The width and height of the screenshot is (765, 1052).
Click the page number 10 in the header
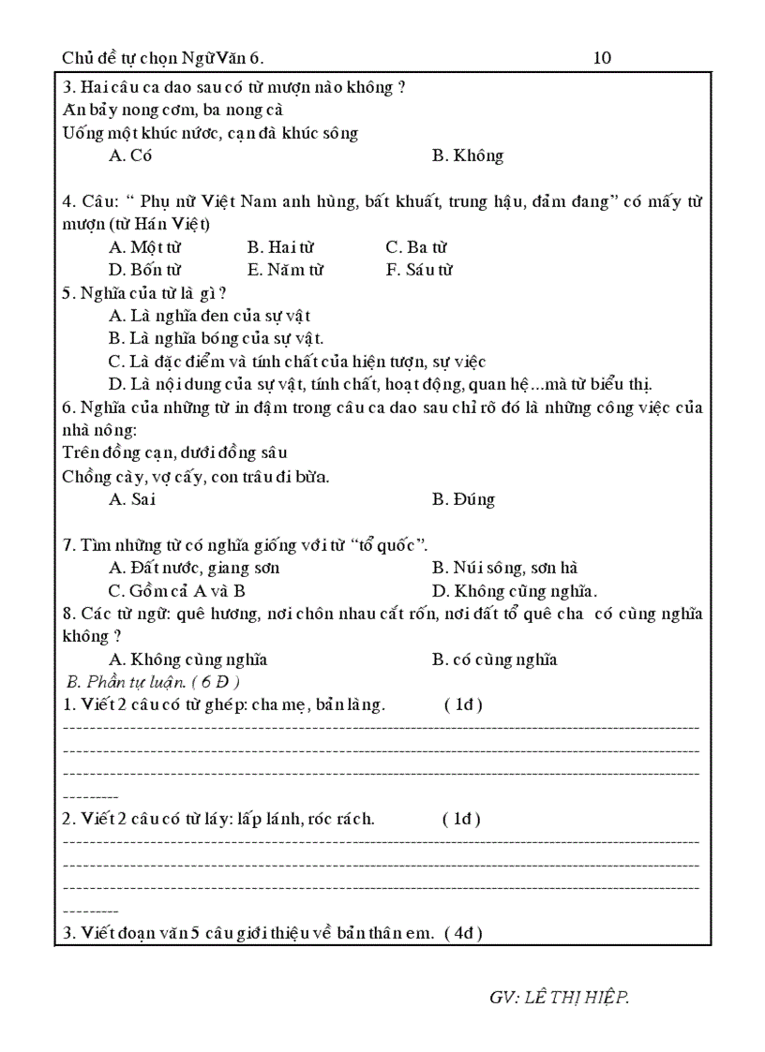pos(602,58)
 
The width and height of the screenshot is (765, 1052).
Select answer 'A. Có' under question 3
pos(130,156)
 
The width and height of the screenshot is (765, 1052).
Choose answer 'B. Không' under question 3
pos(467,156)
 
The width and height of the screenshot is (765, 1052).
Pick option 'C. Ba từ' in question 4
pos(416,247)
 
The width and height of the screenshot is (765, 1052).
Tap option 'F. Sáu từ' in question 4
pos(419,270)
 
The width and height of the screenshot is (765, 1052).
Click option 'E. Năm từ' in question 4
pos(285,270)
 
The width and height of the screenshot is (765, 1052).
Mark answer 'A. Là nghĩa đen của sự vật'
pos(209,316)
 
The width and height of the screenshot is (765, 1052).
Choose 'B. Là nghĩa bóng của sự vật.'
pos(216,338)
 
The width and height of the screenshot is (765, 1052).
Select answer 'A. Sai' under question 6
pos(131,499)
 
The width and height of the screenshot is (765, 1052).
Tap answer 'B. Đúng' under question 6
pos(463,499)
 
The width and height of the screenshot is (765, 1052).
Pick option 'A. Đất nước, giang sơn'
pos(194,568)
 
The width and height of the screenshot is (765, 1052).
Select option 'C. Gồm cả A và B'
pos(176,590)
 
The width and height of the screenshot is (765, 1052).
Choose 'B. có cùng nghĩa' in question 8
pos(494,659)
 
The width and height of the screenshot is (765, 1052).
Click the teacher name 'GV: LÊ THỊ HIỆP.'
pos(559,997)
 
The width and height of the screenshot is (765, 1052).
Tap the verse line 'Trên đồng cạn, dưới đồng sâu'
pos(174,453)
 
